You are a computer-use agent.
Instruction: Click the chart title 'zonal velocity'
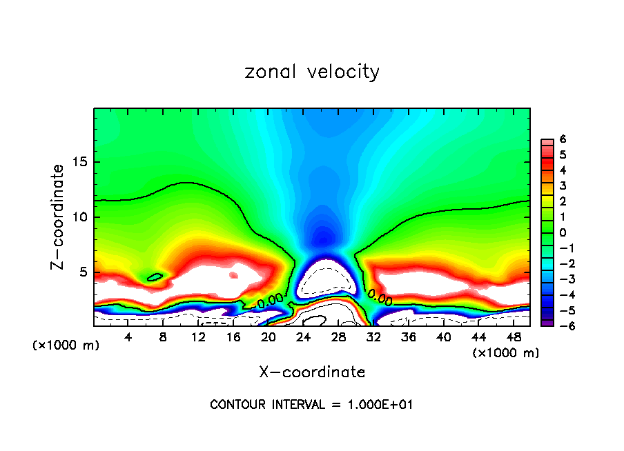click(x=312, y=72)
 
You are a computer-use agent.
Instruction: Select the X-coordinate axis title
click(x=312, y=372)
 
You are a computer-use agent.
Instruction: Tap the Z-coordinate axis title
click(x=58, y=217)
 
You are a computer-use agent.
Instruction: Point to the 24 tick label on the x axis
click(x=303, y=337)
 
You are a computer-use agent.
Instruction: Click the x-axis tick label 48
click(x=514, y=337)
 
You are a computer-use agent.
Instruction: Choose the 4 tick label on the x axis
click(x=128, y=337)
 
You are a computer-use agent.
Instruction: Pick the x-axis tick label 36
click(x=408, y=337)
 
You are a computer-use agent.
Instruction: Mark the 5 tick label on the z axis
click(x=81, y=272)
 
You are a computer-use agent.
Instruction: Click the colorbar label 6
click(x=563, y=139)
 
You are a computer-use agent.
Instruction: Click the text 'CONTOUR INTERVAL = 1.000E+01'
click(x=311, y=405)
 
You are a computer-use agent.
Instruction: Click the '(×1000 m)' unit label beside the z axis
click(x=66, y=345)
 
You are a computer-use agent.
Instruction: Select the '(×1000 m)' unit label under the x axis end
click(x=505, y=353)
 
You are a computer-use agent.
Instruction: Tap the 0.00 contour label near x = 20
click(x=270, y=300)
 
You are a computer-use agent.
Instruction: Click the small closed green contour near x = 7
click(x=155, y=277)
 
